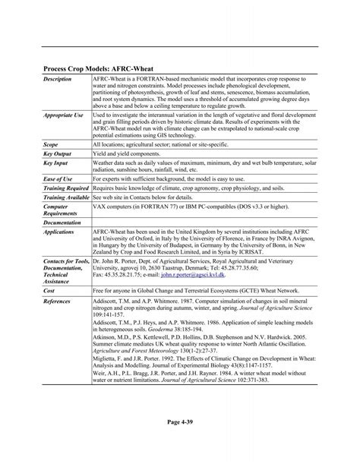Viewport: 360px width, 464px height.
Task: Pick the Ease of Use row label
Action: pyautogui.click(x=60, y=178)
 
